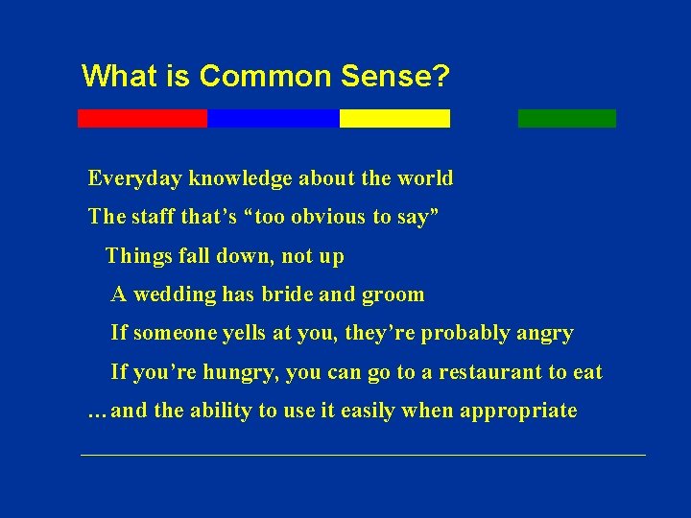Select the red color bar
142,118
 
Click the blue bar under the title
273,118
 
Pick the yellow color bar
394,118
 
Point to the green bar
566,118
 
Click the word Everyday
135,178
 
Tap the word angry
545,333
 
